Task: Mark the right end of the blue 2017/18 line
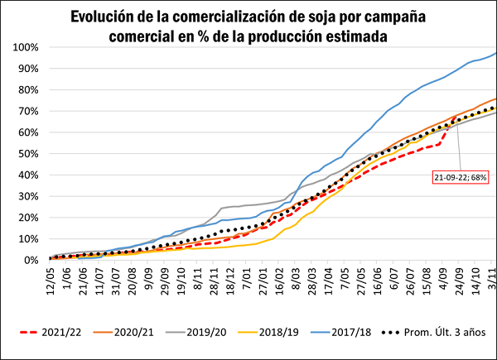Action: click(x=495, y=53)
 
